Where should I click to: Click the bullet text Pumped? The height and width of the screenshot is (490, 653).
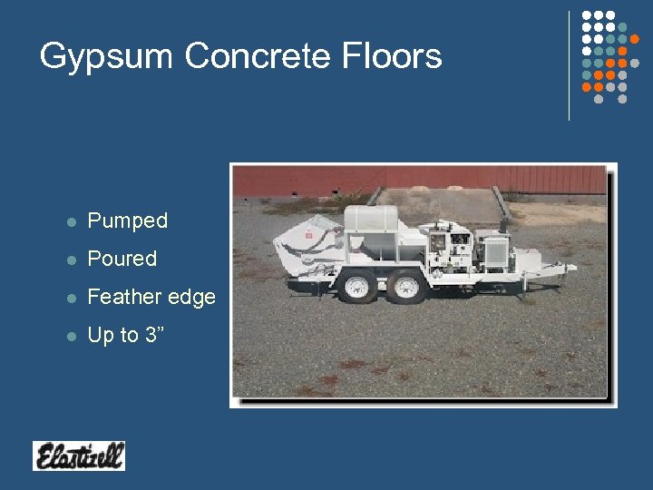pyautogui.click(x=127, y=220)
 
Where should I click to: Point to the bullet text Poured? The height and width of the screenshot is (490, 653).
pyautogui.click(x=122, y=259)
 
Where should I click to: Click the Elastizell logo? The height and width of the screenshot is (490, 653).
pyautogui.click(x=79, y=456)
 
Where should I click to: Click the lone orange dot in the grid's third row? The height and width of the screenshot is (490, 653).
pyautogui.click(x=635, y=39)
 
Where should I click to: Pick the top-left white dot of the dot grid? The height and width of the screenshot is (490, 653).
pyautogui.click(x=586, y=15)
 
